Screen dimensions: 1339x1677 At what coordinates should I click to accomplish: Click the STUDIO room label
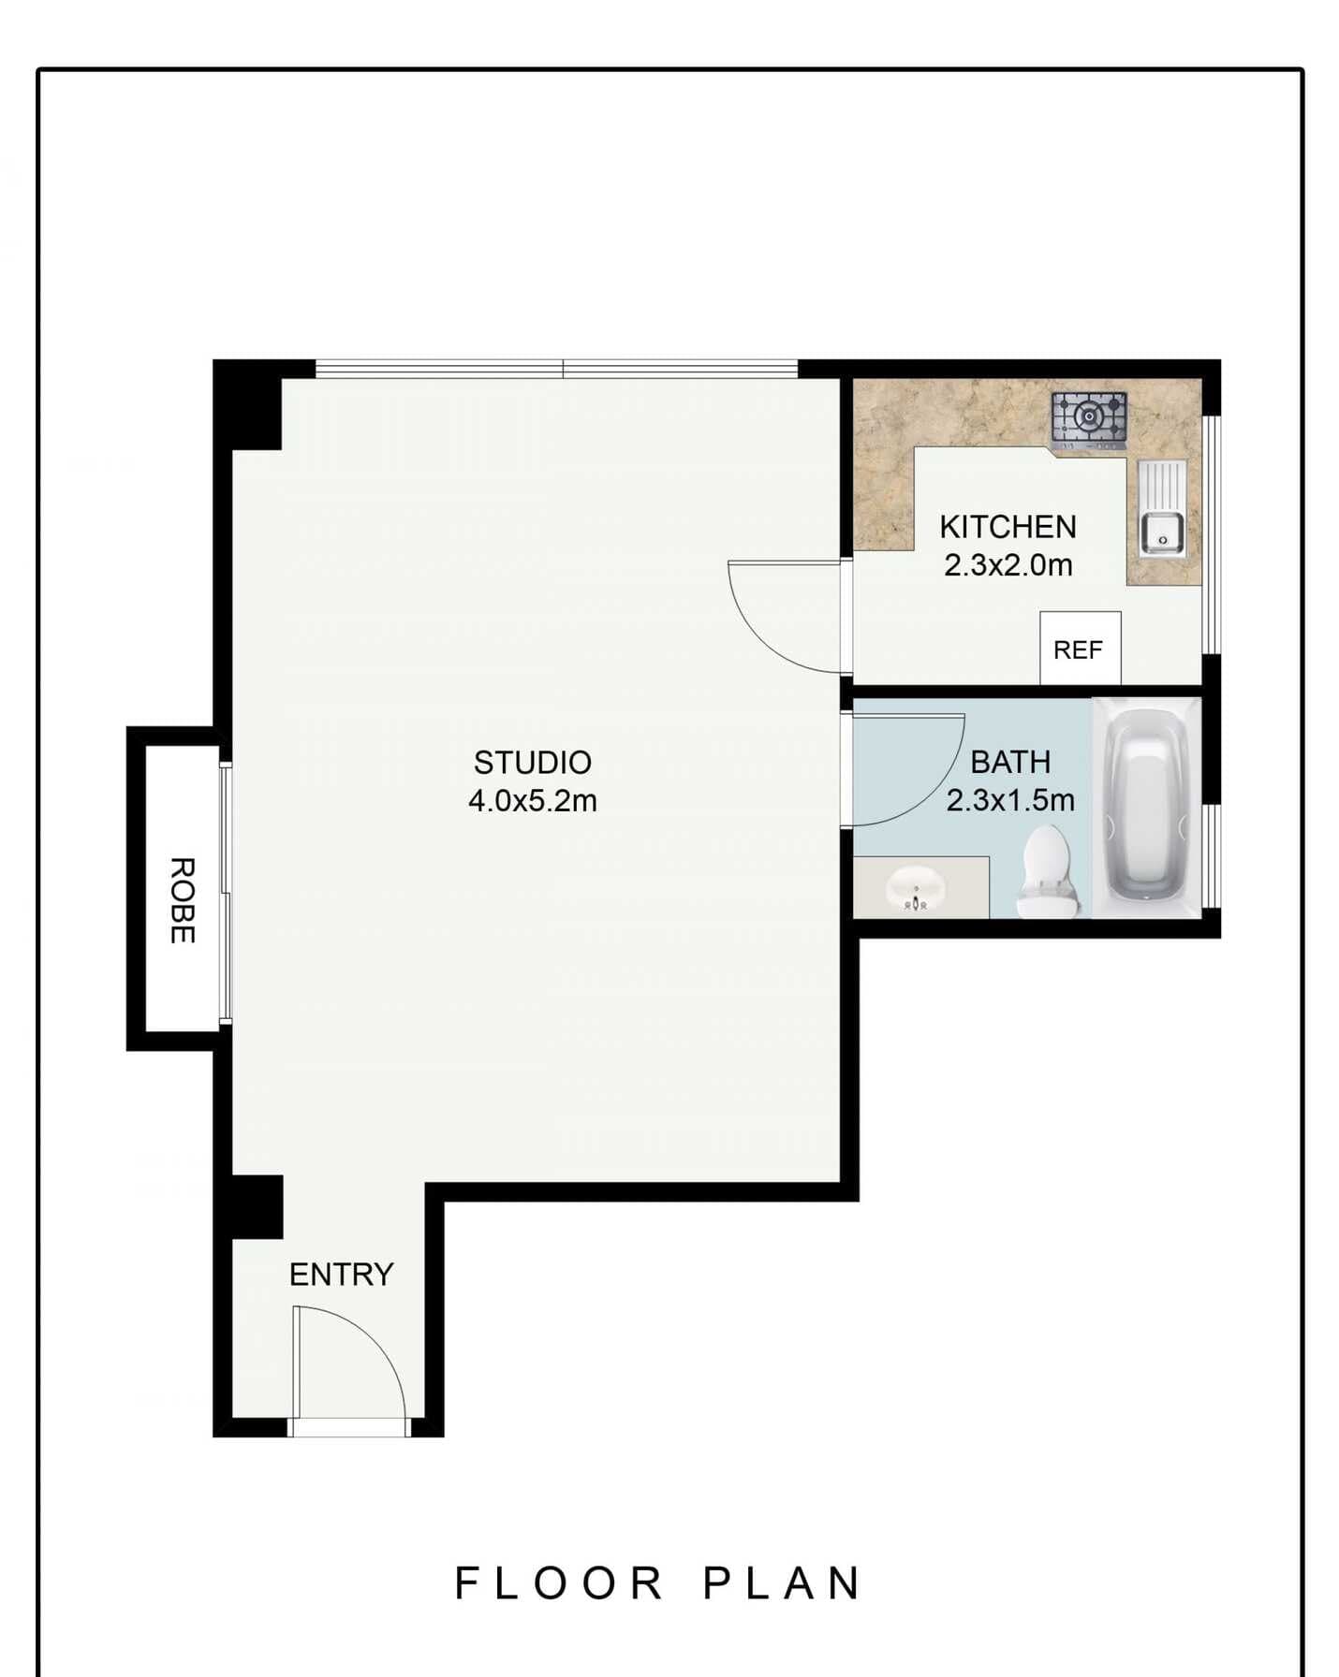coord(532,763)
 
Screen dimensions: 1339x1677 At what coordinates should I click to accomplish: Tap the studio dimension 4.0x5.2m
coord(532,801)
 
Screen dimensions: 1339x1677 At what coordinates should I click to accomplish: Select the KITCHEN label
coord(1008,527)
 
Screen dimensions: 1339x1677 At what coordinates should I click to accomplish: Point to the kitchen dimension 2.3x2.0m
coord(1008,565)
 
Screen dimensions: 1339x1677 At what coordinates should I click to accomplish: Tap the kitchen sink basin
coord(1162,533)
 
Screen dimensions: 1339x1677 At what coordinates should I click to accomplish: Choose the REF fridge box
coord(1080,649)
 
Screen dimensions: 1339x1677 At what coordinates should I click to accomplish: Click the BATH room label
coord(1009,763)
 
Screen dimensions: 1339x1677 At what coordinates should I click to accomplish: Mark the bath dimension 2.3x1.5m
coord(1009,801)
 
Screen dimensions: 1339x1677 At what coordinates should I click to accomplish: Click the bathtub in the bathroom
coord(1147,807)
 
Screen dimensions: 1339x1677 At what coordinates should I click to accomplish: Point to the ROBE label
coord(182,900)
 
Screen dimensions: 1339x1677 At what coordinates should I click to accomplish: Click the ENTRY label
coord(341,1275)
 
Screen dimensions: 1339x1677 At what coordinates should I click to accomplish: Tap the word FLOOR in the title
coord(559,1583)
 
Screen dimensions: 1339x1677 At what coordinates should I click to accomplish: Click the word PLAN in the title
coord(782,1583)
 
